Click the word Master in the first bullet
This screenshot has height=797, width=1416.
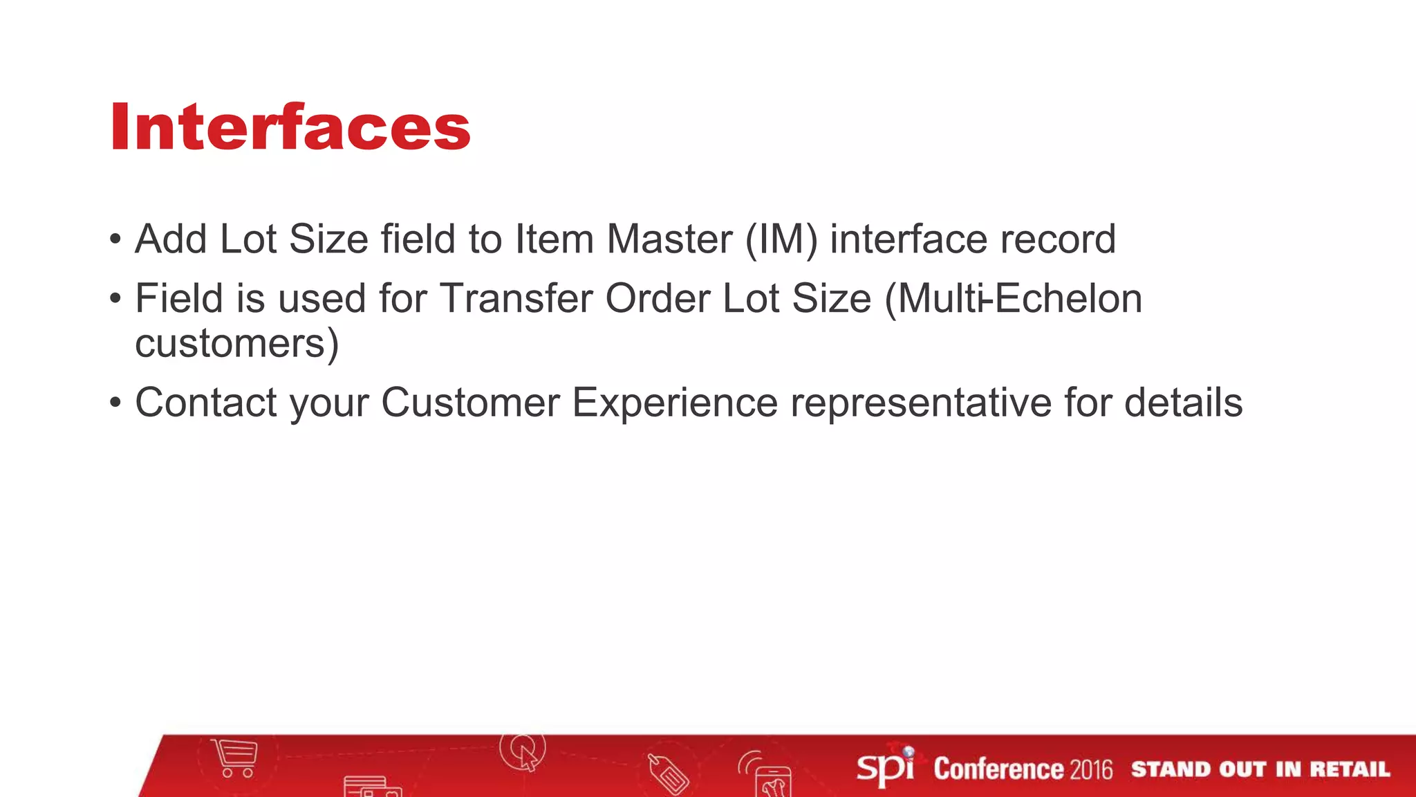pos(669,239)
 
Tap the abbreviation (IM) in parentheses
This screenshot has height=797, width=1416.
pos(781,239)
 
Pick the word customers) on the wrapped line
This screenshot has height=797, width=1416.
pos(236,343)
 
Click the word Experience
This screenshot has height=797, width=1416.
pos(675,403)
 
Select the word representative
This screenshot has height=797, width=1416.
pos(921,403)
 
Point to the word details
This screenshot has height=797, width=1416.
pos(1183,403)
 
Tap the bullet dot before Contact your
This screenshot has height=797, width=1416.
pos(115,403)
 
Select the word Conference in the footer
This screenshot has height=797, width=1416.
pos(998,769)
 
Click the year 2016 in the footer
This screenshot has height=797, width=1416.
pos(1091,769)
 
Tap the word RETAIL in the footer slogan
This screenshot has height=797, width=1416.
pos(1349,769)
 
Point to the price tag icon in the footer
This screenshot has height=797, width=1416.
pos(668,773)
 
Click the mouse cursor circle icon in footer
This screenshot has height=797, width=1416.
pos(523,751)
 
